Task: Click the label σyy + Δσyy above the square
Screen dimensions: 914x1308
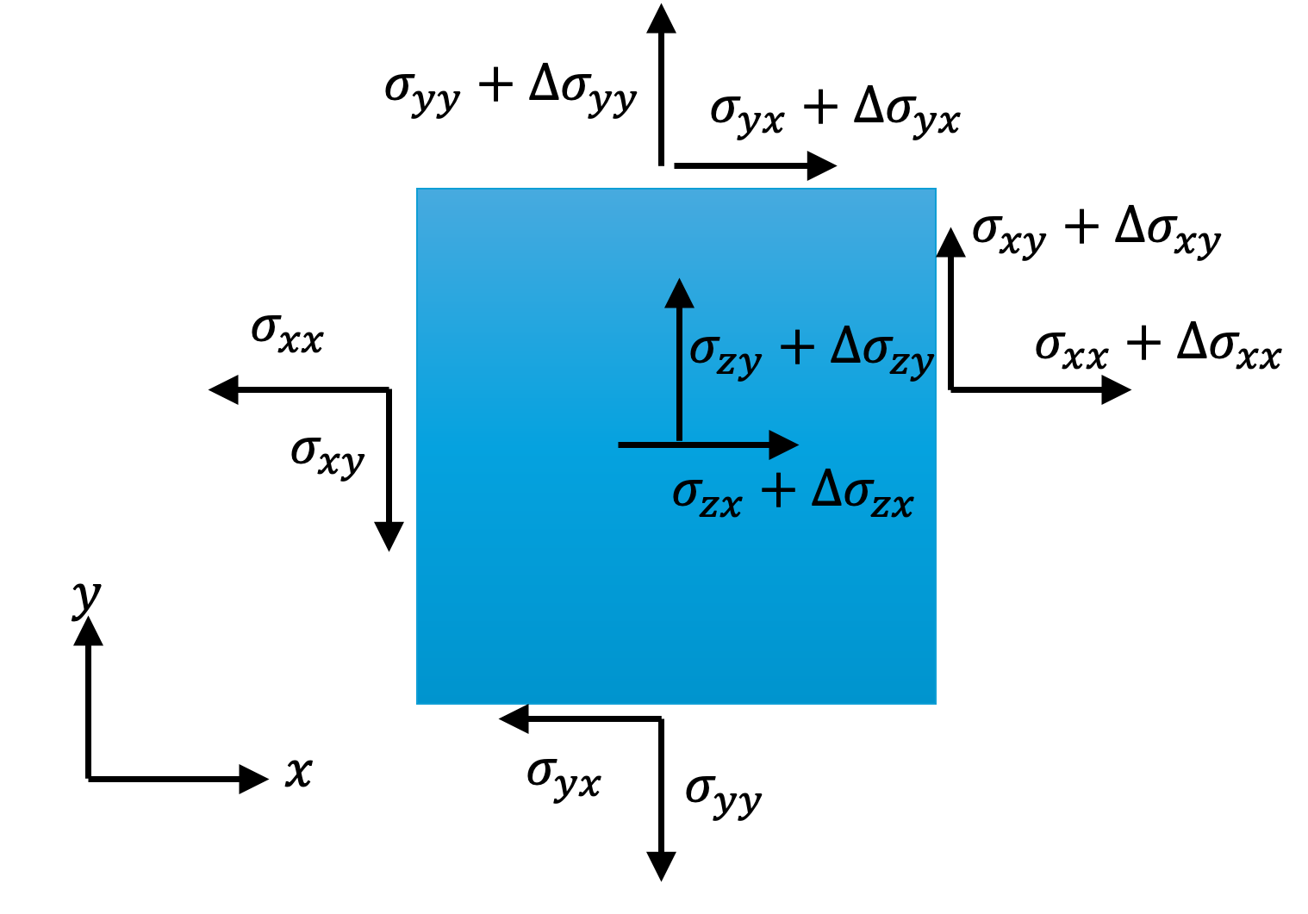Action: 510,90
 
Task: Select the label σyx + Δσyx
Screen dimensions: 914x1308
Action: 834,112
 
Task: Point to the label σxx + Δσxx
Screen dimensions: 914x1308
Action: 1158,346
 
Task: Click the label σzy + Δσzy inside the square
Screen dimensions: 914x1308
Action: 812,351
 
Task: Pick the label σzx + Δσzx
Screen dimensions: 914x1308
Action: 793,495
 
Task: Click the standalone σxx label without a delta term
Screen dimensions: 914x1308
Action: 288,333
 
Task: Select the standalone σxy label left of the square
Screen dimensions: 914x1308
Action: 327,454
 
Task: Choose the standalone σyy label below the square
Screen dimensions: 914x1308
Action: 723,793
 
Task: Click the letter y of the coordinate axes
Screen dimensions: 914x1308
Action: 86,597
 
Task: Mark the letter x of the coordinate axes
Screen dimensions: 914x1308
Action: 298,772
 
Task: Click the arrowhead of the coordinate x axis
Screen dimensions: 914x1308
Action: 253,779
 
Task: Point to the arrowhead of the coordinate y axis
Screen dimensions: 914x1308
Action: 88,632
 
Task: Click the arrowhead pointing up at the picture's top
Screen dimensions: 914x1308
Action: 661,19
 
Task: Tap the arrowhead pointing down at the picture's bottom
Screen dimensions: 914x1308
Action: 661,866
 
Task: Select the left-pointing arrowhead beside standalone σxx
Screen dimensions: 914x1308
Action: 224,390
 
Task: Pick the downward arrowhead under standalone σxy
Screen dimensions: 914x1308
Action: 389,536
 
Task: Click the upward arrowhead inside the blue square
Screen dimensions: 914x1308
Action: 679,294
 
